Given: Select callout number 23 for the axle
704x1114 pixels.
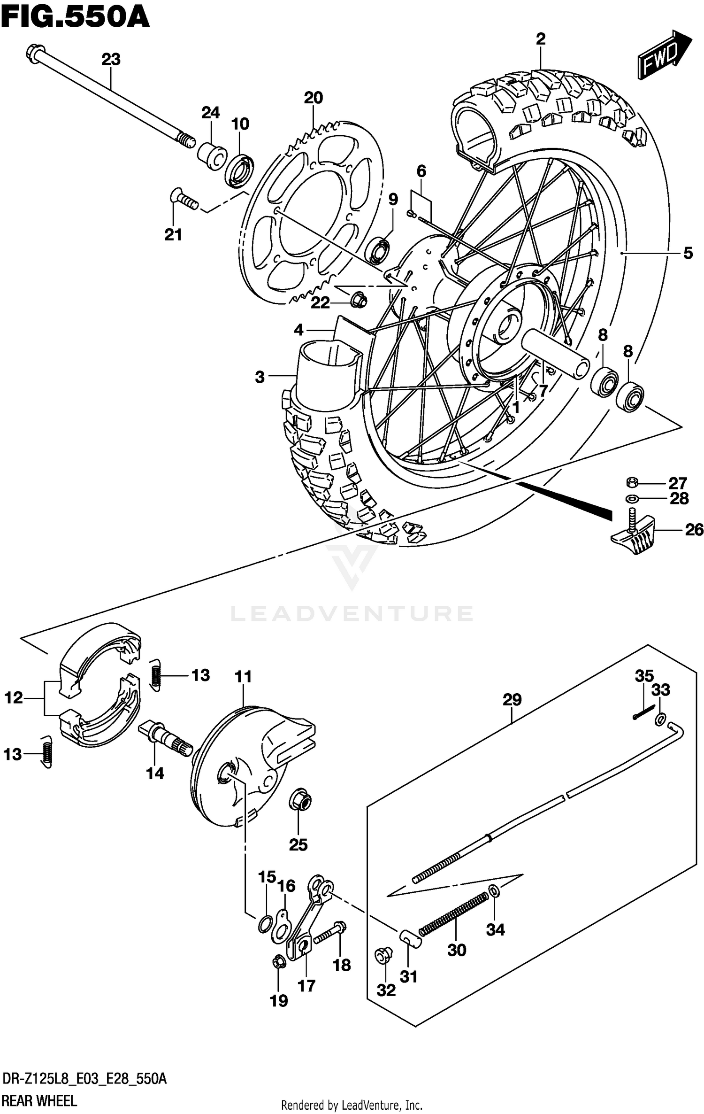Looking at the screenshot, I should point(111,60).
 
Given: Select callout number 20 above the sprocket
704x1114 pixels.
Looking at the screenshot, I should point(314,98).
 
